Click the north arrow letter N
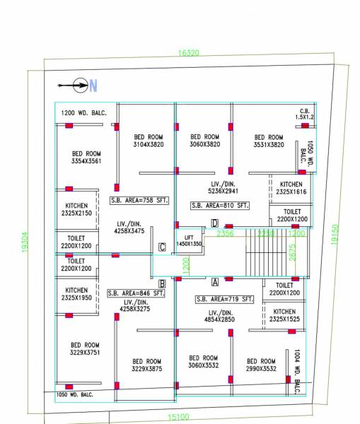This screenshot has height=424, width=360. (x=93, y=86)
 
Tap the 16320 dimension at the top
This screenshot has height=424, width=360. (x=188, y=53)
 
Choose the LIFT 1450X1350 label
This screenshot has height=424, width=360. (x=188, y=240)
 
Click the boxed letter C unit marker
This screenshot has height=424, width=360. (x=162, y=247)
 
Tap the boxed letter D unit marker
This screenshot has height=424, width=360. (x=214, y=224)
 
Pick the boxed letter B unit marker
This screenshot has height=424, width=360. (x=162, y=283)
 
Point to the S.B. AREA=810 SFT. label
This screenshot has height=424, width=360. (x=221, y=205)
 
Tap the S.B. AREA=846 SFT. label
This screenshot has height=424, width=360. (x=137, y=293)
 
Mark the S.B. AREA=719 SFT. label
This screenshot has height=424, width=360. (x=224, y=299)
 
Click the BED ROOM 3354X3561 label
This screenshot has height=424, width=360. (x=87, y=157)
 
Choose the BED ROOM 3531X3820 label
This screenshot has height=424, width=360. (x=269, y=141)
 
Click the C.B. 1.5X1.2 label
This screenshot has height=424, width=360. (x=306, y=114)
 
